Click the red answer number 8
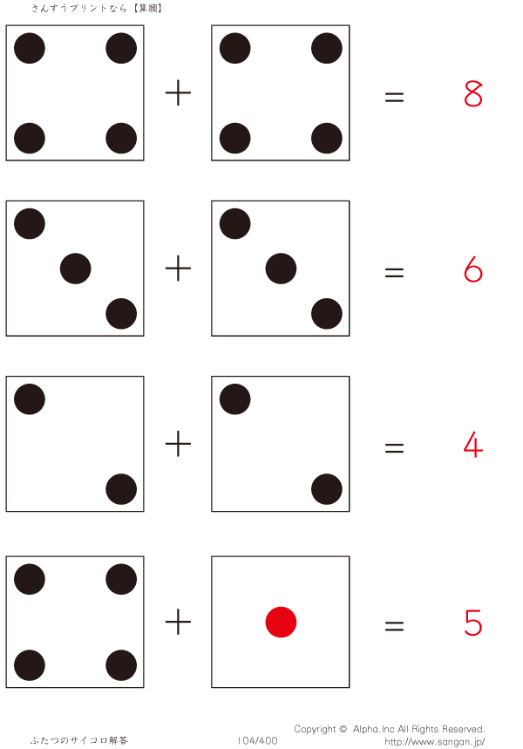pos(473,93)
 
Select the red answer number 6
pos(473,270)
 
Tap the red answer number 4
pos(473,446)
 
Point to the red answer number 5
pos(473,623)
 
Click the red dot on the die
pos(281,623)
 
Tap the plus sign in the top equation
pos(178,93)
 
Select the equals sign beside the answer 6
pos(394,273)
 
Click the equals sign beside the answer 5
pos(394,625)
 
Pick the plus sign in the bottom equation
pos(178,623)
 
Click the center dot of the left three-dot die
pos(75,269)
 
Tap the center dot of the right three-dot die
pos(281,269)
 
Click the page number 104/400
pos(257,740)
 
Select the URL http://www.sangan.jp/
pos(434,742)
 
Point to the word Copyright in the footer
pos(315,729)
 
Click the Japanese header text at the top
pos(98,8)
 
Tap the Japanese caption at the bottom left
pos(79,740)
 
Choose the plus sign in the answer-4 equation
pos(178,446)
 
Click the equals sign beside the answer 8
pos(394,98)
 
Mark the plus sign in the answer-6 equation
pos(178,269)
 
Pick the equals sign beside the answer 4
pos(394,448)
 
